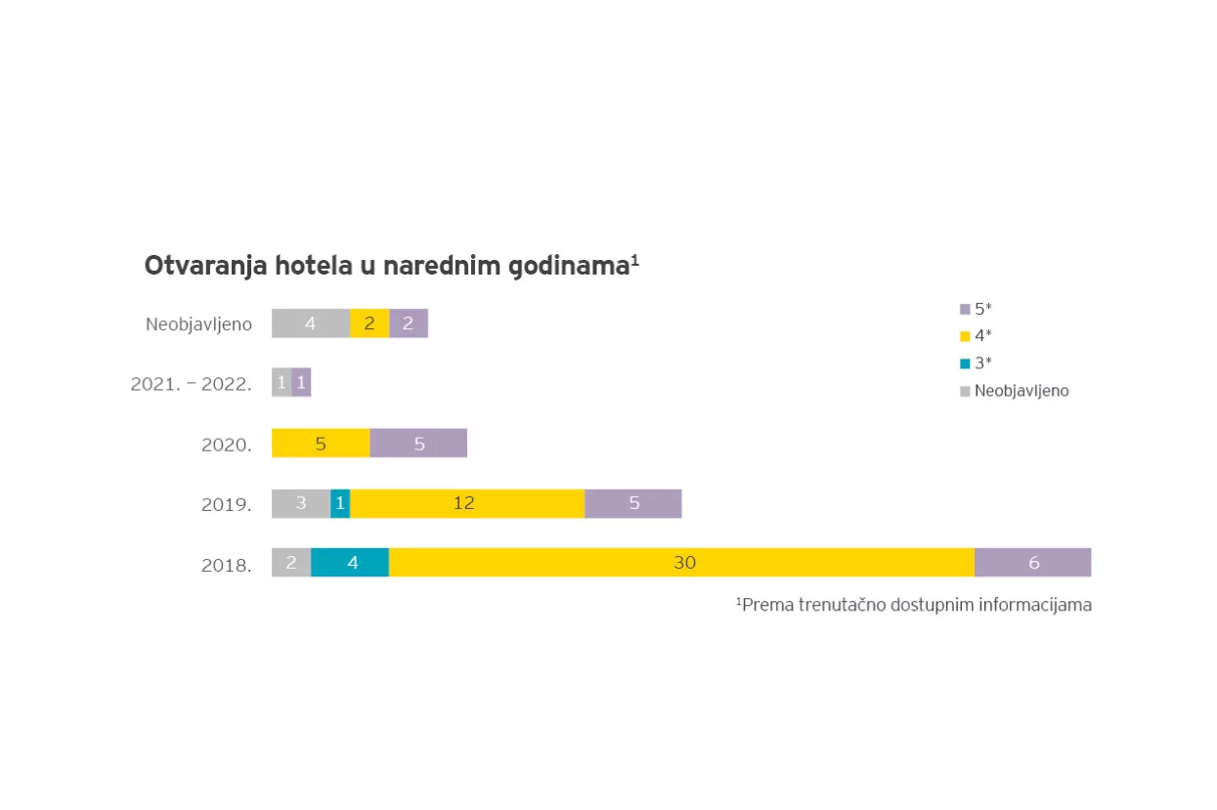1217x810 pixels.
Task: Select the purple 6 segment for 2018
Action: coord(1032,563)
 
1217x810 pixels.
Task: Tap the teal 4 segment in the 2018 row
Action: coord(350,563)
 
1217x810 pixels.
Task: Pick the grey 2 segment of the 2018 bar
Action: coord(291,563)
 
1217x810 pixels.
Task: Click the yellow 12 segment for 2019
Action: coord(467,503)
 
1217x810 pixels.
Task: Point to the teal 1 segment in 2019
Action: coord(340,503)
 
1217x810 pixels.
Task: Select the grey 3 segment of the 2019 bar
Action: coord(301,503)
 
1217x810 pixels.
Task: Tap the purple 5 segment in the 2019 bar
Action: coord(632,503)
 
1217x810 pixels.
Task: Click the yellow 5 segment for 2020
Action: coord(321,444)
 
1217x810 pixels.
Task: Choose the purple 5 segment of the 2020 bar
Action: coord(418,444)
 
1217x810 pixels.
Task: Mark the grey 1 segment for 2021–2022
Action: coord(282,383)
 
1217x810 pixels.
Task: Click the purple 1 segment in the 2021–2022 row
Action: coord(301,383)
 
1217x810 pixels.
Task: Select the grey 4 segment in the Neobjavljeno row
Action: coord(311,323)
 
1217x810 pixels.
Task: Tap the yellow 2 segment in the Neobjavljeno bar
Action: coord(369,323)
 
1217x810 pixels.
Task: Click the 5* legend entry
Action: coord(977,309)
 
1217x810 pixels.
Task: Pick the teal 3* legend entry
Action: coord(977,363)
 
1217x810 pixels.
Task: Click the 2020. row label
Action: coord(227,445)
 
